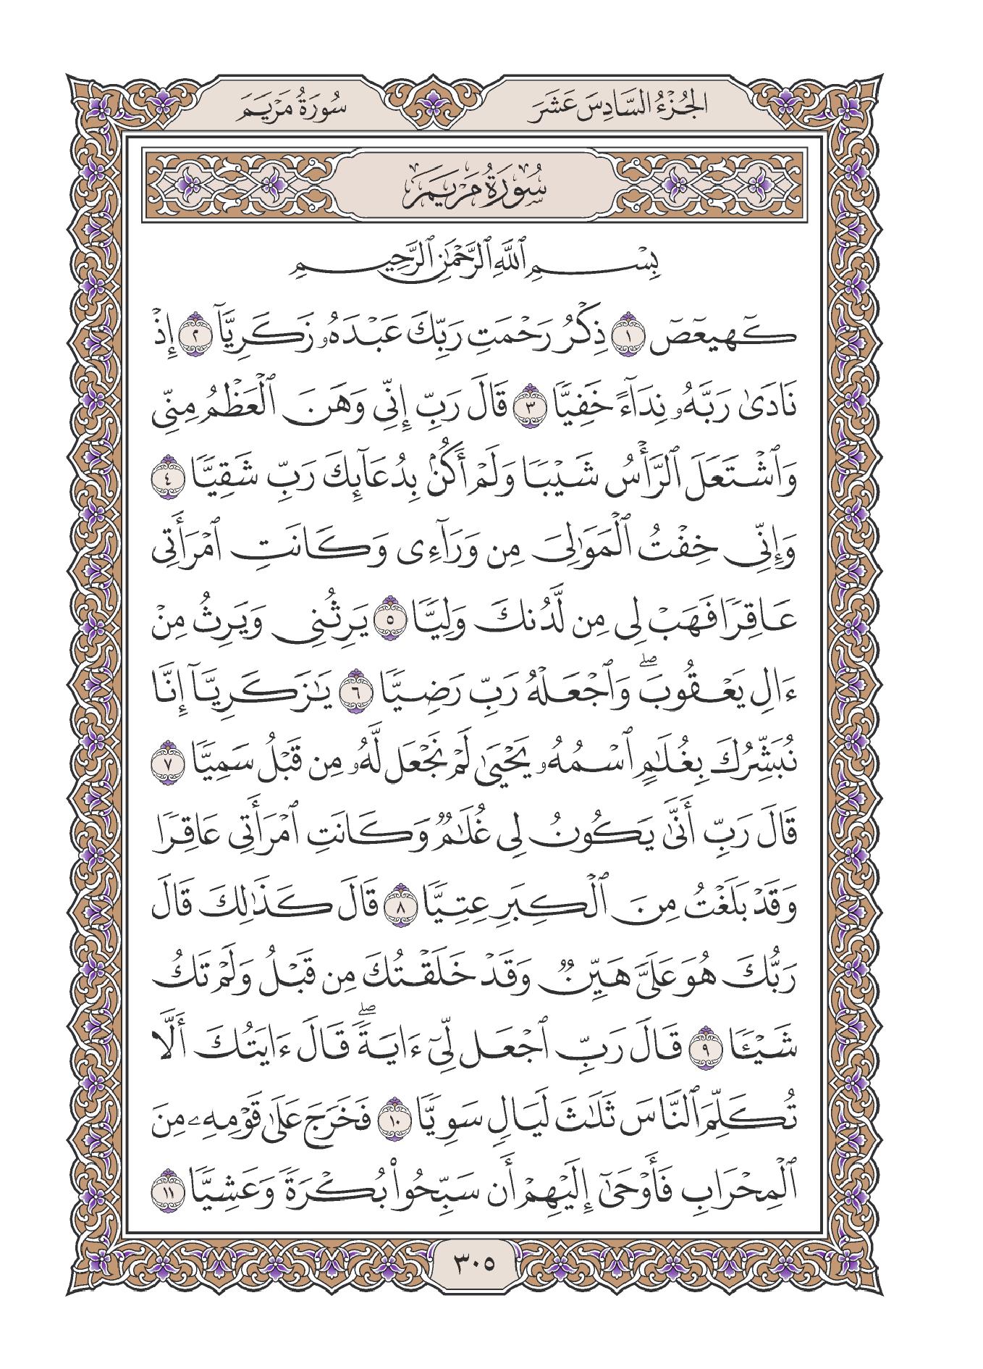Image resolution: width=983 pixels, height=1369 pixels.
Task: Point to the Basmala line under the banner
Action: pyautogui.click(x=491, y=258)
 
